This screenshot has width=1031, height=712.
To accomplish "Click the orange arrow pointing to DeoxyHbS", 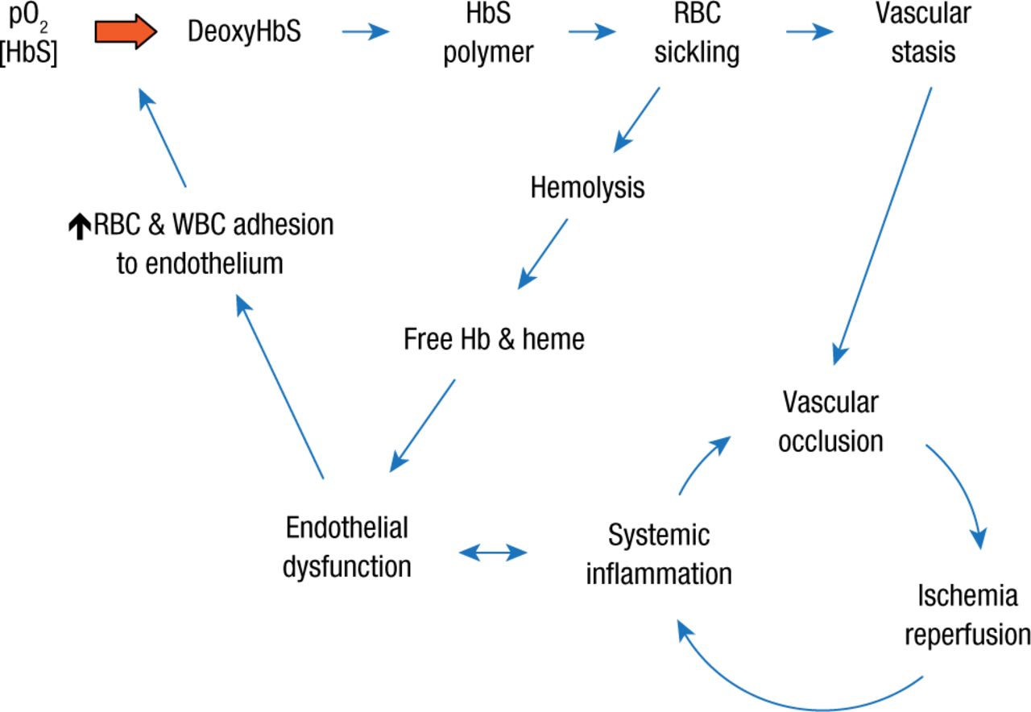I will (x=125, y=33).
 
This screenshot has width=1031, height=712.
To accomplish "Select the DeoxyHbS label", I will (x=244, y=33).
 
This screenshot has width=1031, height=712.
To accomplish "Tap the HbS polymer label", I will (x=488, y=33).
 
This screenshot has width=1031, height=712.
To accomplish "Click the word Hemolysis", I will (x=587, y=188).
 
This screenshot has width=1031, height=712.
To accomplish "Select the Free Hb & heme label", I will (x=494, y=339).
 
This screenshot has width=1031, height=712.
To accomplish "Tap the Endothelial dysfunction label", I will (x=346, y=547).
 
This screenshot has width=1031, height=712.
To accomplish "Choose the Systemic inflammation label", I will (x=658, y=554).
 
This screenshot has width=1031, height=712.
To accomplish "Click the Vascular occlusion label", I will (x=830, y=421).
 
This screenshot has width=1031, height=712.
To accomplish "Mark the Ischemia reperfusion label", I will (x=967, y=615).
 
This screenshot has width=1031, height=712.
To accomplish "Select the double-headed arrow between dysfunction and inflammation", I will (x=492, y=553).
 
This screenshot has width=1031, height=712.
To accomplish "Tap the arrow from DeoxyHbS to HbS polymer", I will (x=365, y=32).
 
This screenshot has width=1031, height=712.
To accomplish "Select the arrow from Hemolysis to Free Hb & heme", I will (x=542, y=254).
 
